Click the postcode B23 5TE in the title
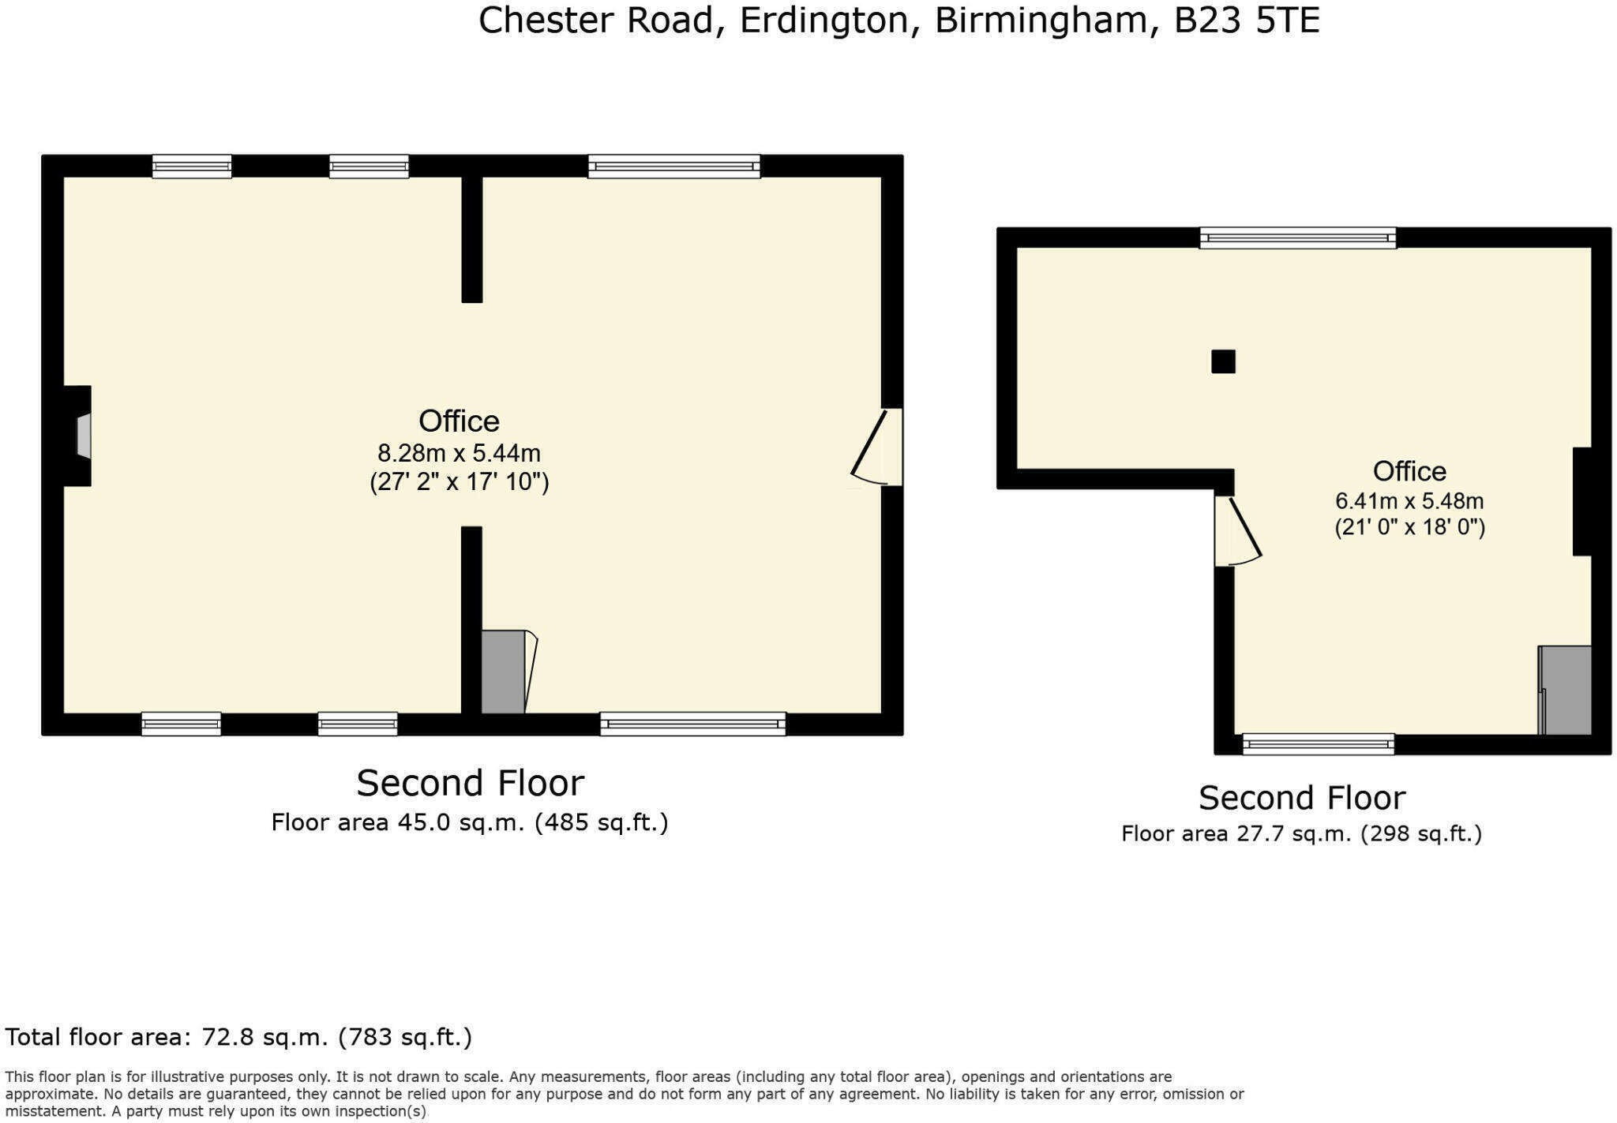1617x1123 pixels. click(1246, 21)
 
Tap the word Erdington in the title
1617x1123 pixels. click(824, 21)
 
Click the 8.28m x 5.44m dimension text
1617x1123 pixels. click(459, 453)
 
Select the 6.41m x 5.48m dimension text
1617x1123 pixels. click(1409, 501)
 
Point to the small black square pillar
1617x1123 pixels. click(1223, 361)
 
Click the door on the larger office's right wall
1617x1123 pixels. click(876, 447)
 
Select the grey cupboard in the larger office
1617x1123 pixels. click(503, 672)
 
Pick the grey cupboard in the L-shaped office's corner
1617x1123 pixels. click(1566, 690)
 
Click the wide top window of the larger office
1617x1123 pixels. click(673, 167)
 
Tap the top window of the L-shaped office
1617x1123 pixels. click(1297, 238)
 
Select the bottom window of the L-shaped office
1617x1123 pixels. click(1318, 743)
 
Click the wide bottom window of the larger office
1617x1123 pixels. click(692, 724)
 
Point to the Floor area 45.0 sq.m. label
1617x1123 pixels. click(470, 822)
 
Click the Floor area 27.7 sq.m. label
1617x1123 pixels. click(1301, 833)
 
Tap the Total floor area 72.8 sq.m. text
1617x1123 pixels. click(238, 1036)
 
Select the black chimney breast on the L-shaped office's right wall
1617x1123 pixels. click(1582, 501)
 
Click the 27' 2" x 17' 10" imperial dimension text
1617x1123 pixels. click(459, 481)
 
